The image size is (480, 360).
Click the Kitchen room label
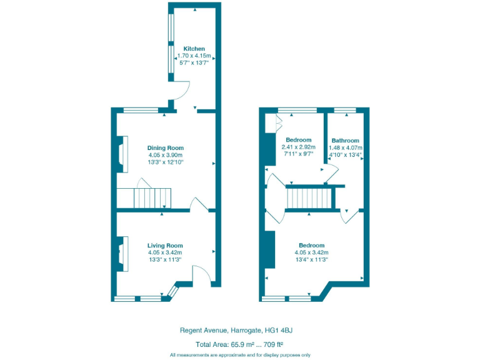pos(194,49)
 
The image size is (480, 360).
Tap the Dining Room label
pos(166,148)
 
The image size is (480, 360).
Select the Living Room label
pos(165,246)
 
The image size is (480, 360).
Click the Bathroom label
pos(345,141)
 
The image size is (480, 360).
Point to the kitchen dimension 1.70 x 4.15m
pos(194,56)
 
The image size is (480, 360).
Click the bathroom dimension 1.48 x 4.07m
pos(345,147)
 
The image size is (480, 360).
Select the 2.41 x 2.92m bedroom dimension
pos(298,147)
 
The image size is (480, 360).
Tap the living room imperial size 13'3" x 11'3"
pos(165,259)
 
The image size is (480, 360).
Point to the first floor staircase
pos(311,199)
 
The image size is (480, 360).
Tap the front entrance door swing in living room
pos(200,275)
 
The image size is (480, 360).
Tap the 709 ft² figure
pos(272,344)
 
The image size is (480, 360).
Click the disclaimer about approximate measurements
pos(240,354)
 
